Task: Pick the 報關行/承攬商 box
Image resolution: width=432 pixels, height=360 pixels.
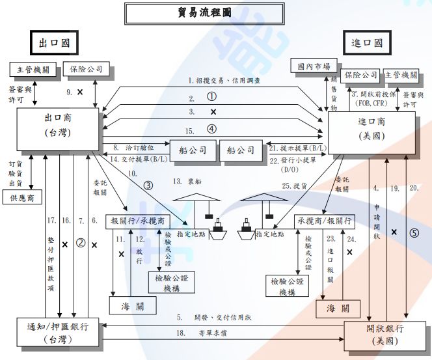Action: click(x=137, y=221)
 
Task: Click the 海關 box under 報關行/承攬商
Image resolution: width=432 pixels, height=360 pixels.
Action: click(x=133, y=306)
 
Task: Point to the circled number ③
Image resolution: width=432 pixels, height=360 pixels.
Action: click(x=148, y=185)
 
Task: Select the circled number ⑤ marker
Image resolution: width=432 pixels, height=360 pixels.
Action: click(x=413, y=231)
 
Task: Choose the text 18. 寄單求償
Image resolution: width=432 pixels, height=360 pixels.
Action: click(x=202, y=333)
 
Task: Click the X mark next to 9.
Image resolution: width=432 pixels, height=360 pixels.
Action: click(x=80, y=92)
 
